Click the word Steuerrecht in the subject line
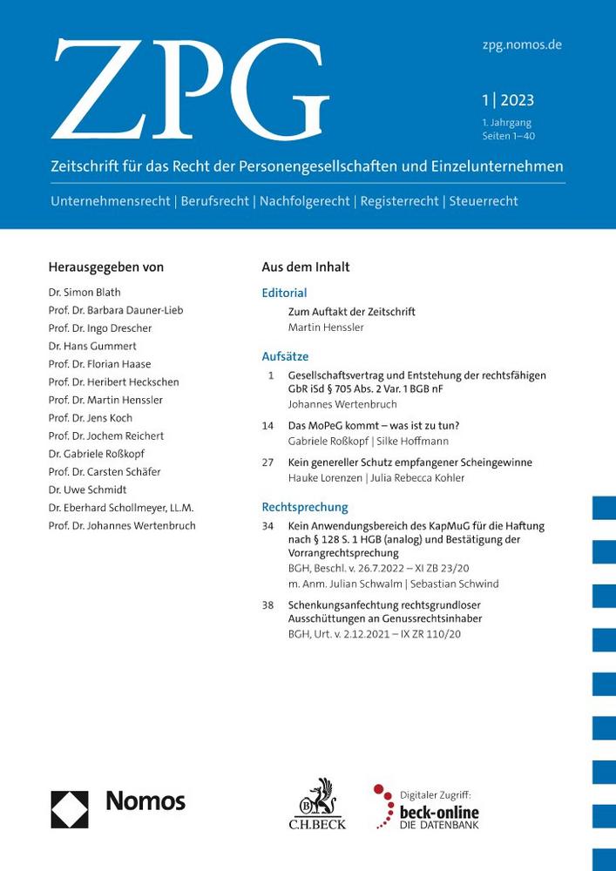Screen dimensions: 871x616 (x=484, y=201)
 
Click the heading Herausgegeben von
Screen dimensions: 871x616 (x=106, y=267)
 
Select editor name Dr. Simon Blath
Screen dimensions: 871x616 (x=86, y=293)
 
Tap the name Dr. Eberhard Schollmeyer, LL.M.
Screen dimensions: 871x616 (x=121, y=508)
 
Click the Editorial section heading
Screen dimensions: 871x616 (x=284, y=294)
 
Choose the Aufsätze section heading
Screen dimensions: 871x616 (x=285, y=356)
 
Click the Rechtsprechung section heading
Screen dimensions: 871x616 (x=304, y=507)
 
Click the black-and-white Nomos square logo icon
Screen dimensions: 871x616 (x=70, y=809)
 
